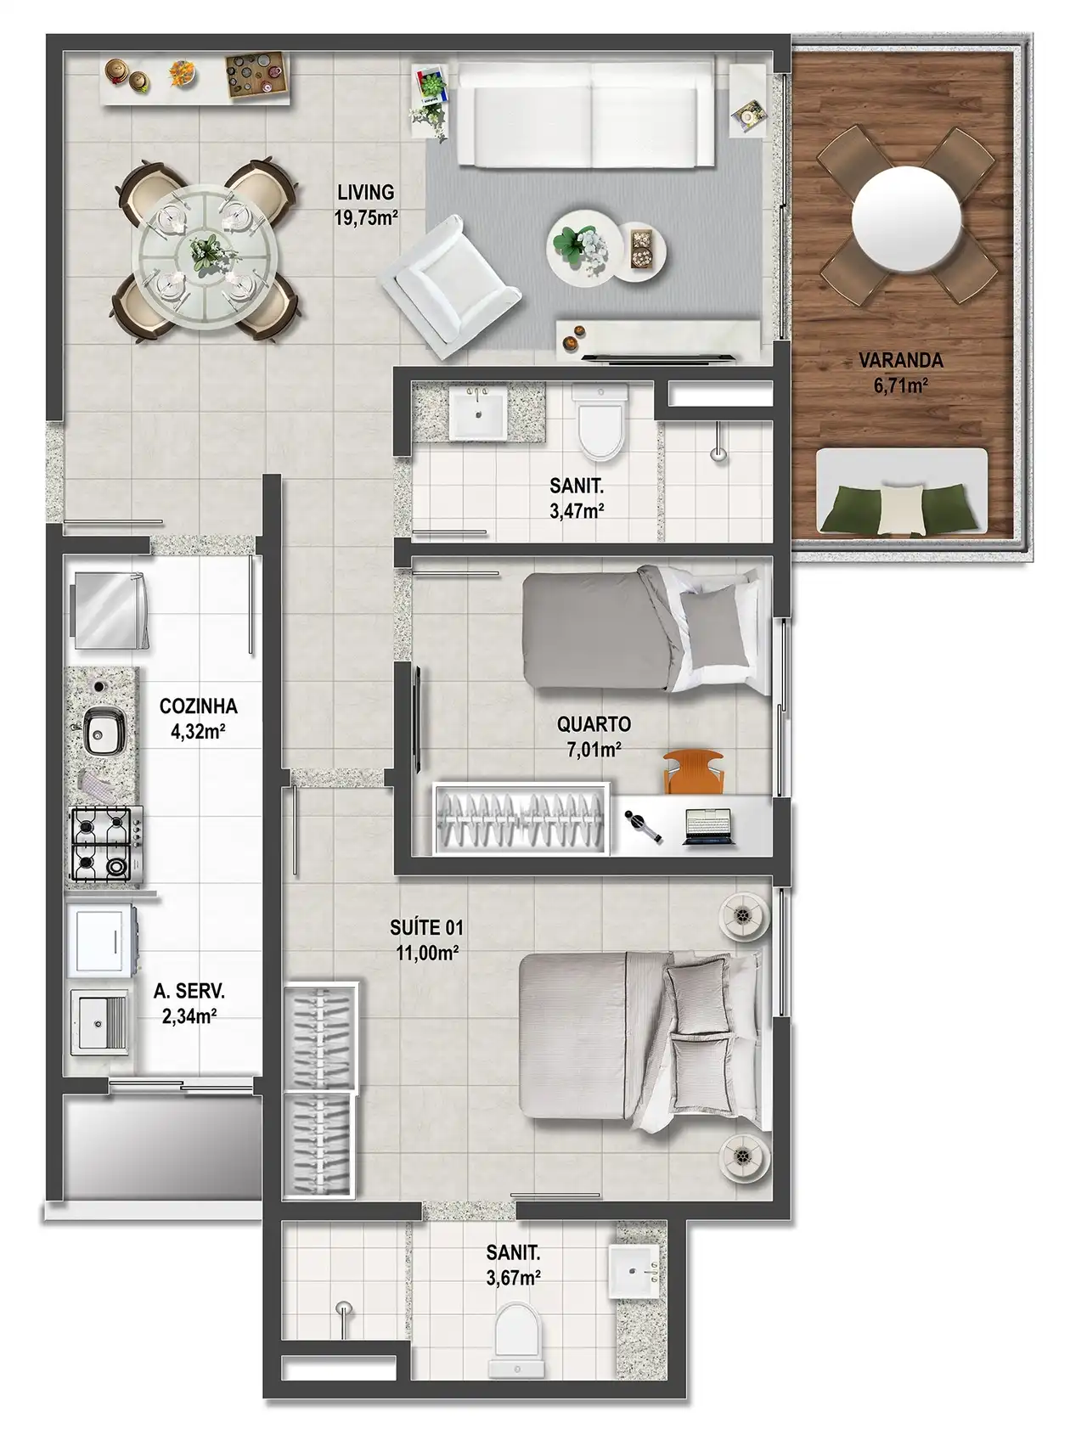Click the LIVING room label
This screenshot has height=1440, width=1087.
365,193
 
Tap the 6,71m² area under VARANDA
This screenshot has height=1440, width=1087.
900,387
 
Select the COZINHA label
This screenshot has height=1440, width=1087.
198,706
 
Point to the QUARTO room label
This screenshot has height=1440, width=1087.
594,724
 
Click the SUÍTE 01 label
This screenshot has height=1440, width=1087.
427,928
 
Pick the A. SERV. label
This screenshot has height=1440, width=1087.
189,991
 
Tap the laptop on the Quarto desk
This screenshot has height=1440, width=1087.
708,827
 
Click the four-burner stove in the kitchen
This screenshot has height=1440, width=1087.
106,844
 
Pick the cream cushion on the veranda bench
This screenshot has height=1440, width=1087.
901,508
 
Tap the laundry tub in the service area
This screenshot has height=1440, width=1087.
100,1021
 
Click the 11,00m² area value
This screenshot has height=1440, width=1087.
427,953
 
